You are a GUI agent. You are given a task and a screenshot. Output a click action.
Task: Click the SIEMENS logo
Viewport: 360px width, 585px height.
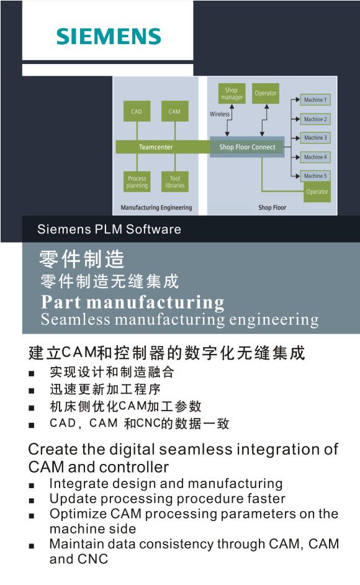[x=109, y=36]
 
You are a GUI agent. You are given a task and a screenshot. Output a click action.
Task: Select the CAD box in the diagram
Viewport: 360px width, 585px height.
[x=137, y=111]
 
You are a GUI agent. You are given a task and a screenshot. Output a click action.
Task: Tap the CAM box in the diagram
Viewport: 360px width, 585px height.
[x=174, y=111]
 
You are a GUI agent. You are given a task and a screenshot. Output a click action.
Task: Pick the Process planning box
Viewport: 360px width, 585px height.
[x=137, y=182]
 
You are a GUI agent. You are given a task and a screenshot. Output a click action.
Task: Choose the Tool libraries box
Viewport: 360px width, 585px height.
[x=174, y=182]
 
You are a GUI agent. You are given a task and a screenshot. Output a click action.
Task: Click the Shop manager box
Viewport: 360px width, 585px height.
[x=232, y=94]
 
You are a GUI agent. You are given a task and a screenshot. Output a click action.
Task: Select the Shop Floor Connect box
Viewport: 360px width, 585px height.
[x=247, y=147]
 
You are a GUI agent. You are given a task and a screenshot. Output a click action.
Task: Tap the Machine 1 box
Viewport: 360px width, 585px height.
[x=315, y=100]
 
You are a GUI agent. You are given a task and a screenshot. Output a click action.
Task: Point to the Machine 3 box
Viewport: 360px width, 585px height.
[x=315, y=138]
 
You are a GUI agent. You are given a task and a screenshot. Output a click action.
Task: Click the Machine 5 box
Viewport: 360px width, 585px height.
[x=315, y=176]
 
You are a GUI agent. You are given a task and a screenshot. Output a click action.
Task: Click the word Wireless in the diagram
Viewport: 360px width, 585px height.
[x=220, y=114]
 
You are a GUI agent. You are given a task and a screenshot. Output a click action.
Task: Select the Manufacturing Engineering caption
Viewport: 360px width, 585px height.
[x=156, y=207]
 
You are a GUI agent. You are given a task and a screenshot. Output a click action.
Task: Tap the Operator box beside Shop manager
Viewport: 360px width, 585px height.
[x=266, y=93]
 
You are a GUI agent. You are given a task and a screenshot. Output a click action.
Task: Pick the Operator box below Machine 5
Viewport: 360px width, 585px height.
[x=317, y=192]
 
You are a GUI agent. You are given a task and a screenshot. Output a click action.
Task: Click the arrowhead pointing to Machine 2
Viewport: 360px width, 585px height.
[x=297, y=119]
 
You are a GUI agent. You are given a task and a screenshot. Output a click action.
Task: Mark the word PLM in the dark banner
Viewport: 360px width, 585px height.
[x=109, y=229]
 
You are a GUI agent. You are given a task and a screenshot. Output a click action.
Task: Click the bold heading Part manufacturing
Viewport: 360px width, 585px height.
[x=133, y=302]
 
